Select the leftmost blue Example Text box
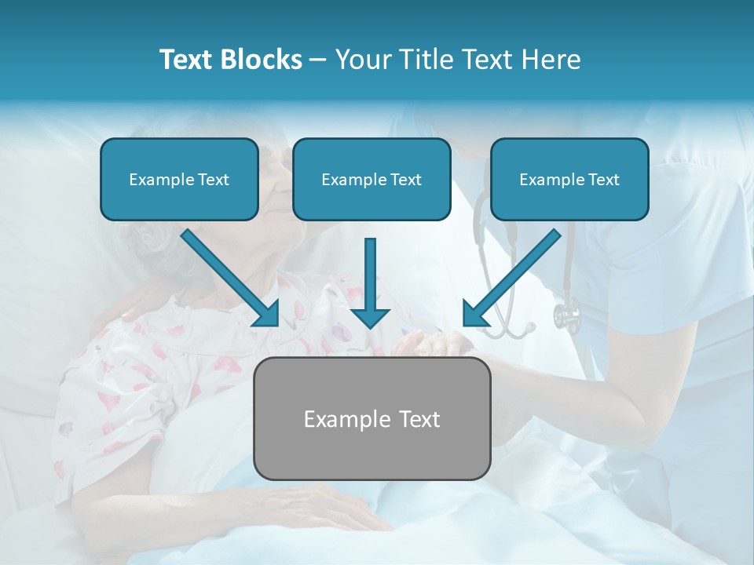(179, 180)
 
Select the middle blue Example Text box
(372, 180)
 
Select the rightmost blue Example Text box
(569, 180)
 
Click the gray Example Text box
(372, 418)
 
